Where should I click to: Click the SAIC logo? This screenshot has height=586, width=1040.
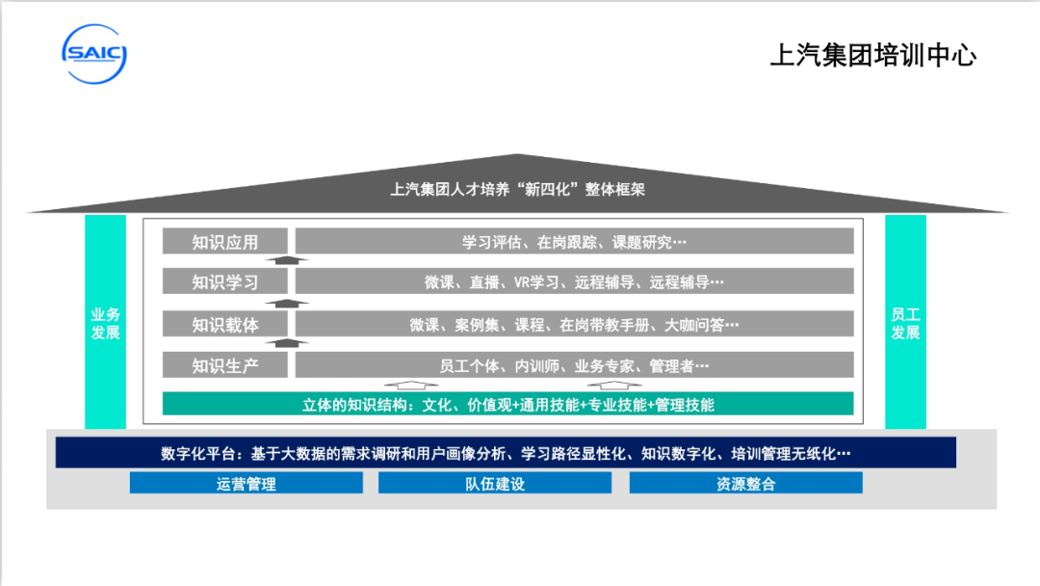[94, 54]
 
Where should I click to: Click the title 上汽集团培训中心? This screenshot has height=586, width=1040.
[872, 55]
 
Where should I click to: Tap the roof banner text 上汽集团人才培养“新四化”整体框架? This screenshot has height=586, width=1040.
[517, 189]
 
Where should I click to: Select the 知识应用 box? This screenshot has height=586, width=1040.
[225, 241]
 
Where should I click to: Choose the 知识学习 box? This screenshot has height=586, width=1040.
[225, 281]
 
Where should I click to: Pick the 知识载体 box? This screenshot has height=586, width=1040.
[225, 324]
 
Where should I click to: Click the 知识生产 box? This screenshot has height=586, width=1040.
[225, 365]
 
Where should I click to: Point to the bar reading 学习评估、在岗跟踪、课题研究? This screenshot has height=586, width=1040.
[574, 241]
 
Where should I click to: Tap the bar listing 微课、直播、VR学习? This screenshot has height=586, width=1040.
[574, 281]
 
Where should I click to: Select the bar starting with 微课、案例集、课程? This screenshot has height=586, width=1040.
[574, 324]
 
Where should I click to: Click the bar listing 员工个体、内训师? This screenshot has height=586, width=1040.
[574, 365]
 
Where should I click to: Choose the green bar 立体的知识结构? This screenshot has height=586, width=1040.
[507, 404]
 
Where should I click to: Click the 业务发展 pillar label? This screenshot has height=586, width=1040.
[106, 323]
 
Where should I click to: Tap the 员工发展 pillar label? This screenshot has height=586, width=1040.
[905, 323]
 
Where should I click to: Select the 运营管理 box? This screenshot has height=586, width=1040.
[247, 483]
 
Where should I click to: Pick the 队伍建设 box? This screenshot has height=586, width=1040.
[495, 483]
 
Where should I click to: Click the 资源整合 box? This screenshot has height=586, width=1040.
[745, 483]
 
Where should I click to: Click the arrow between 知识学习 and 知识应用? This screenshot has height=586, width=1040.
[287, 259]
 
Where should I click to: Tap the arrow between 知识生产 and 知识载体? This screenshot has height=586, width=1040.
[287, 342]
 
